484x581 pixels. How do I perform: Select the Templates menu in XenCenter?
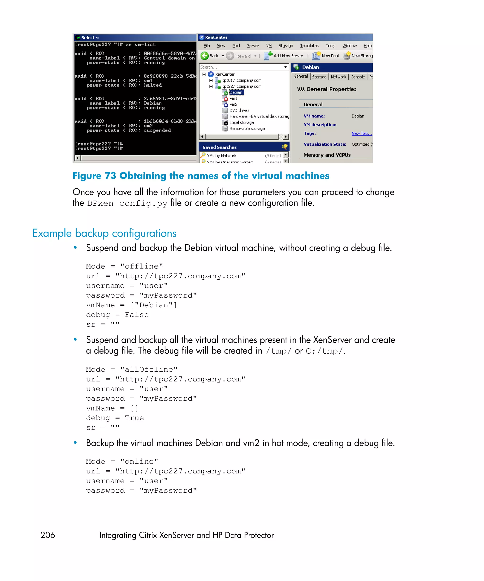pos(309,46)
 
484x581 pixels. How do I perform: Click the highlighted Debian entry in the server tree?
pos(236,92)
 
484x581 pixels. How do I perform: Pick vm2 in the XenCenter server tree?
pos(233,104)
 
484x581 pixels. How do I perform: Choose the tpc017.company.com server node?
pos(242,80)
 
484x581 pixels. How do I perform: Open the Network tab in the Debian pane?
pos(338,77)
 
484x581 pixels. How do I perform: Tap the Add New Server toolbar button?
pos(284,56)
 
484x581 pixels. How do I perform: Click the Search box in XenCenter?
pos(241,67)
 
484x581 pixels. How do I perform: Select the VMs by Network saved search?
pos(221,156)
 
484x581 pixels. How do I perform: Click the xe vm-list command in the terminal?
pos(141,44)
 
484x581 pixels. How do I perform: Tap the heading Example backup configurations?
pos(104,233)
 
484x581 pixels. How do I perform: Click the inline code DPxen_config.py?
pos(127,203)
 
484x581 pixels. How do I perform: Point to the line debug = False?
pos(117,315)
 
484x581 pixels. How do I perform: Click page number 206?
pos(48,535)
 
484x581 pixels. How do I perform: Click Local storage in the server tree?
pos(242,123)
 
